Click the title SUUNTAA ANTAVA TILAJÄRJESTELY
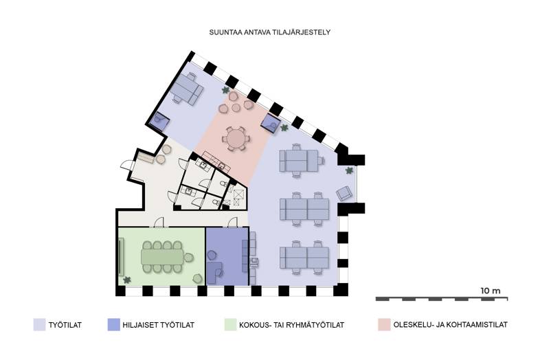271,32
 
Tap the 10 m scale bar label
491,291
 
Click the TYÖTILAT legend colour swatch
39,324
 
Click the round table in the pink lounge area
236,139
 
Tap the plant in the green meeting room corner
127,280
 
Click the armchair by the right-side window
346,193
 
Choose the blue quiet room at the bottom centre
226,255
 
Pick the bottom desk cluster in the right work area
303,258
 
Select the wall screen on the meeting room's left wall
122,256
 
